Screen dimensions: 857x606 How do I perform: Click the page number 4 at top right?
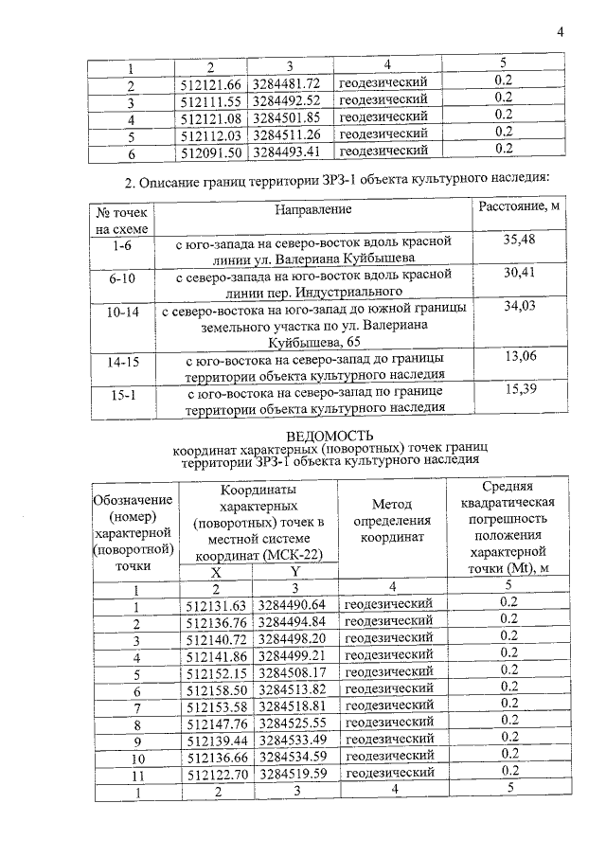point(561,33)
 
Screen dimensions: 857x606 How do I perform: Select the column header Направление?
point(313,208)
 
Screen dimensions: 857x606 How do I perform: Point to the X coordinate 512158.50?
point(218,688)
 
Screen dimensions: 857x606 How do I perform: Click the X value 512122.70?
point(218,773)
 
